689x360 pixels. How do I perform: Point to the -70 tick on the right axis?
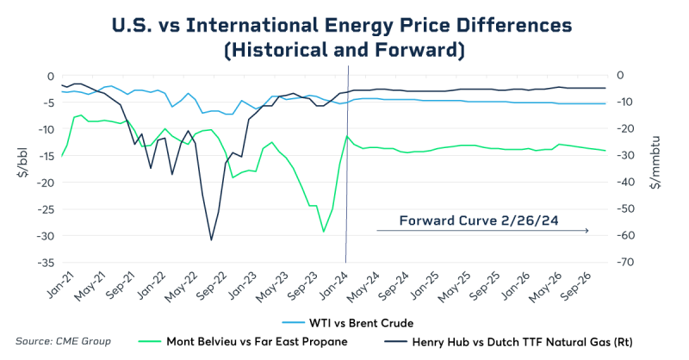[x=619, y=263]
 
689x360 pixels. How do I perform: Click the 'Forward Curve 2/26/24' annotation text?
[x=479, y=220]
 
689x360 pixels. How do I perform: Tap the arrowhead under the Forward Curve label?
[x=587, y=231]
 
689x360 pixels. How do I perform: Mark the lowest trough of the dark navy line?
[x=211, y=239]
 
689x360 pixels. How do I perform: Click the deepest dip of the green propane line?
[x=324, y=231]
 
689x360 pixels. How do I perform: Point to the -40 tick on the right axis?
[x=619, y=183]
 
